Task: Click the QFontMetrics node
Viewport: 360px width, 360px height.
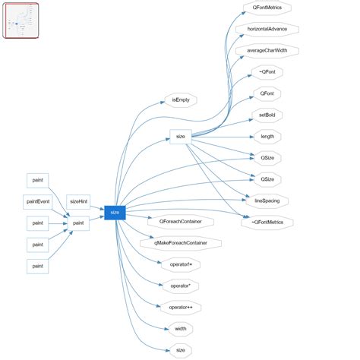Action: click(267, 8)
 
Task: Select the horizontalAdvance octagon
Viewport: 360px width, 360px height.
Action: click(267, 30)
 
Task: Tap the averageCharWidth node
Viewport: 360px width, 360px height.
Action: click(267, 51)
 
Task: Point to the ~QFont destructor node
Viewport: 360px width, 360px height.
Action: click(267, 72)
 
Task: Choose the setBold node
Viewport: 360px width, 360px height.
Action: click(267, 115)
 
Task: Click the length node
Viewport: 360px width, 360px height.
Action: click(267, 137)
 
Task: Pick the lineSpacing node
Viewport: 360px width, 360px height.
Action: click(267, 201)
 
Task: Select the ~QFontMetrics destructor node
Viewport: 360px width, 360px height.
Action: click(267, 223)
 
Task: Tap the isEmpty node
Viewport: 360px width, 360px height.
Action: click(181, 99)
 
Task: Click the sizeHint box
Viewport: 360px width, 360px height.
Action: click(78, 201)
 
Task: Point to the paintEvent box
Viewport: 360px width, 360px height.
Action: click(38, 201)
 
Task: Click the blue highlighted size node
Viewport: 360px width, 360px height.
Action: click(115, 213)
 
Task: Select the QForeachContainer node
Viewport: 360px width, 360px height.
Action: click(181, 223)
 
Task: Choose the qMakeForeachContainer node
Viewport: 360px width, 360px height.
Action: click(181, 244)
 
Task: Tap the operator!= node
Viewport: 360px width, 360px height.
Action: click(181, 265)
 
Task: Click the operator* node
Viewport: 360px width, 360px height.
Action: click(181, 286)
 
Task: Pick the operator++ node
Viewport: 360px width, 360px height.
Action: click(181, 308)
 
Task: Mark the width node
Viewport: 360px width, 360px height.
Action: click(181, 329)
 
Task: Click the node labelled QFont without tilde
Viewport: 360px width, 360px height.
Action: click(267, 93)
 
